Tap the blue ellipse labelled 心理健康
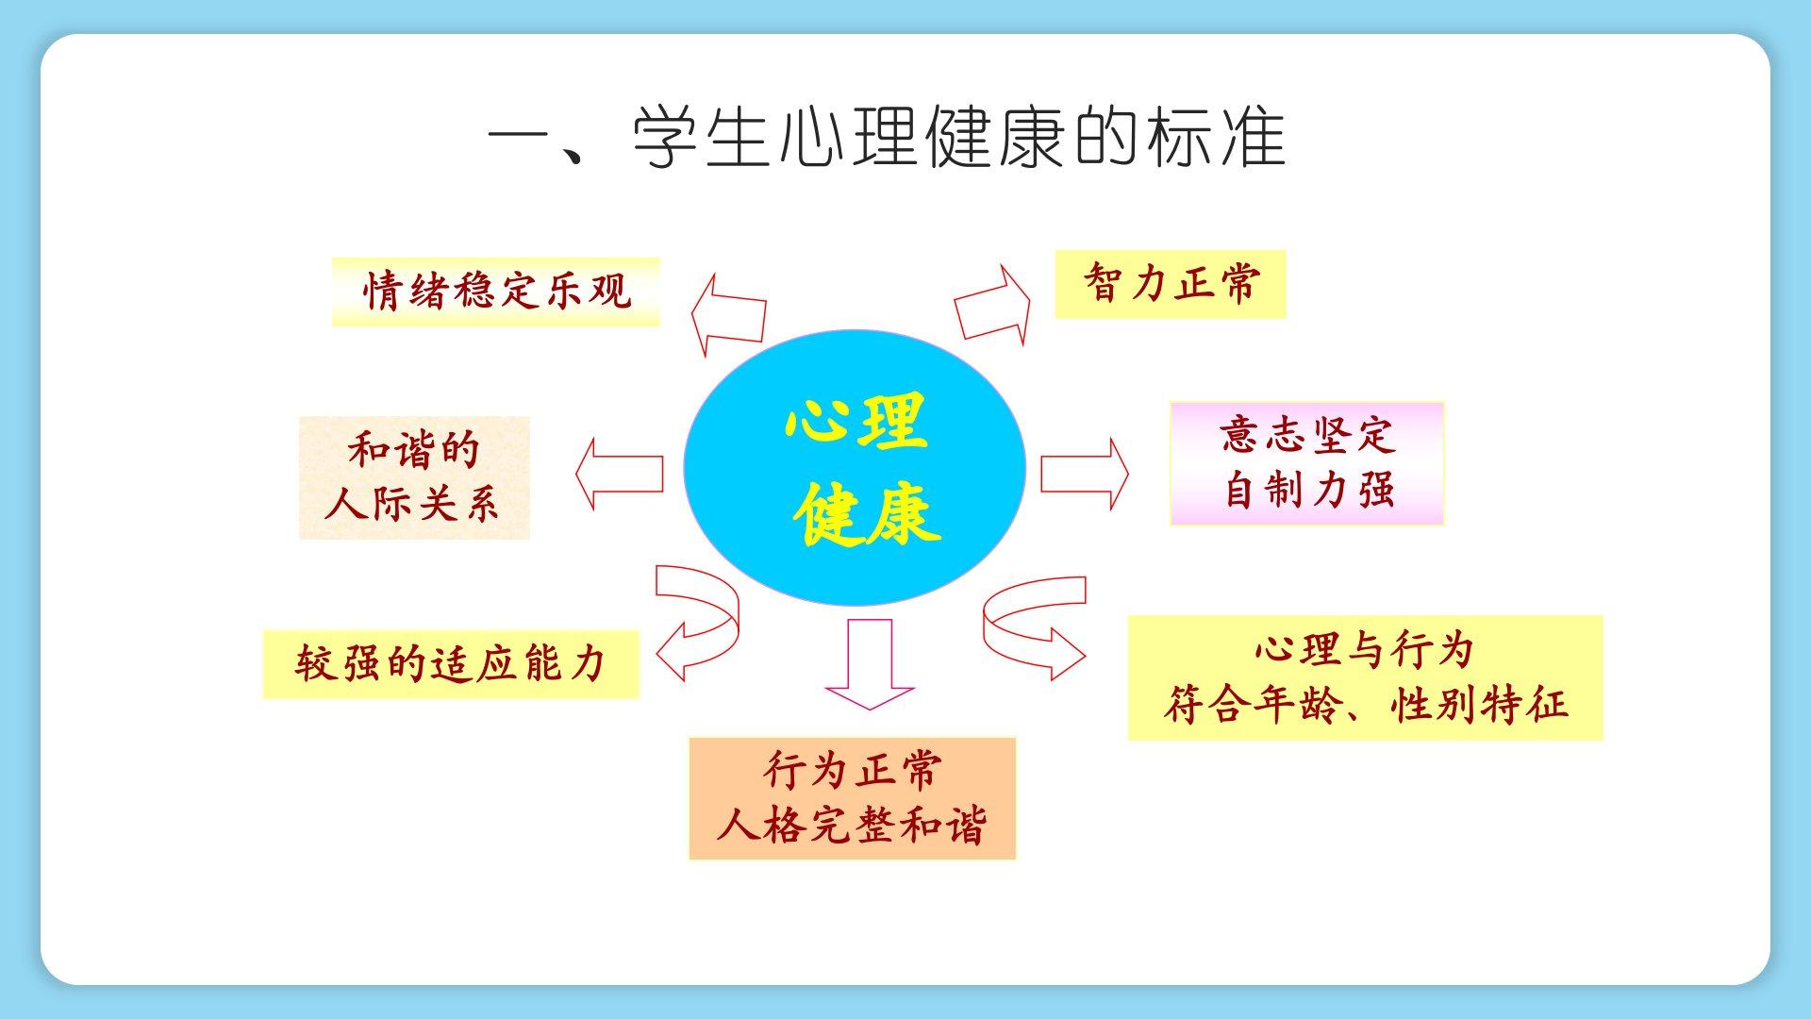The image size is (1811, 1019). click(855, 467)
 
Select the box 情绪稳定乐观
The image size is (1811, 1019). click(496, 292)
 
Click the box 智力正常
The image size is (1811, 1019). click(1171, 284)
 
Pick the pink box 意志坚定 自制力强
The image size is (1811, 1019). click(1307, 463)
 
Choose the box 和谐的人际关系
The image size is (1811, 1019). click(414, 477)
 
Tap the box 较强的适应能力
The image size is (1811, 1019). click(451, 664)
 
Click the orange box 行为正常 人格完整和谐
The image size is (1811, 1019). click(853, 798)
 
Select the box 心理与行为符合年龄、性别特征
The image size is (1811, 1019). click(1366, 677)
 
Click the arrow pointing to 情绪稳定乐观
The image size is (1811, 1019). click(728, 315)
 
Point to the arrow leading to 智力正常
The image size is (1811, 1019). click(992, 304)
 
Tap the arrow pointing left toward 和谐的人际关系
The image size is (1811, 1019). click(619, 474)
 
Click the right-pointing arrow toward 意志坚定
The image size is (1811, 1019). click(1085, 474)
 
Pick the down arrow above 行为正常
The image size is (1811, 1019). click(870, 663)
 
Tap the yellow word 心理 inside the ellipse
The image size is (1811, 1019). click(856, 422)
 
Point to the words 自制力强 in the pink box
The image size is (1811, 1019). click(1308, 491)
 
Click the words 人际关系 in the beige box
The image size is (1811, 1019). click(412, 504)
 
